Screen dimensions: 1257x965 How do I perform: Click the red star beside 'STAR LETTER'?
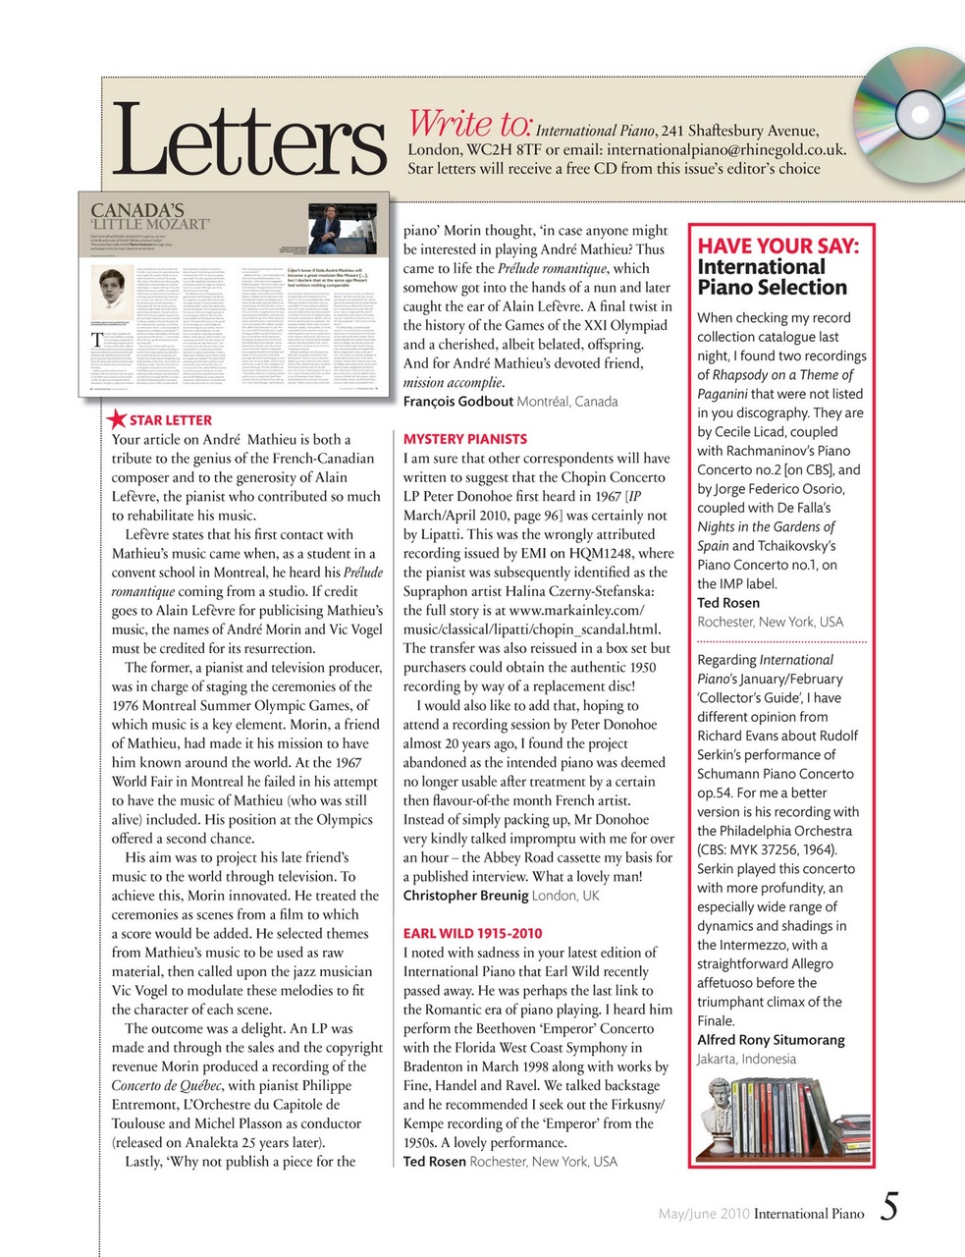point(116,419)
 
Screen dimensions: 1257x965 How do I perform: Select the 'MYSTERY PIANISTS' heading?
point(465,439)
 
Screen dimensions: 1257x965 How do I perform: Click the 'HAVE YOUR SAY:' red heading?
point(777,246)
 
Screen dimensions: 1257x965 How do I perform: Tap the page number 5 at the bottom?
point(888,1207)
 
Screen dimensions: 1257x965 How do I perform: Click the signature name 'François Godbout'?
point(458,402)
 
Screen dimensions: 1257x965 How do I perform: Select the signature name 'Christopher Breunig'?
point(465,896)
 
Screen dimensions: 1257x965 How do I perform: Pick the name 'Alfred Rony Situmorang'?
point(771,1040)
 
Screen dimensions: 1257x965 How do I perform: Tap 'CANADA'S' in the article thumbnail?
point(137,209)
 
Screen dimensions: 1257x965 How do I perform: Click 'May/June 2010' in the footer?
point(703,1214)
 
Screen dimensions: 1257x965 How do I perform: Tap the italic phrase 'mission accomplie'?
point(452,382)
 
